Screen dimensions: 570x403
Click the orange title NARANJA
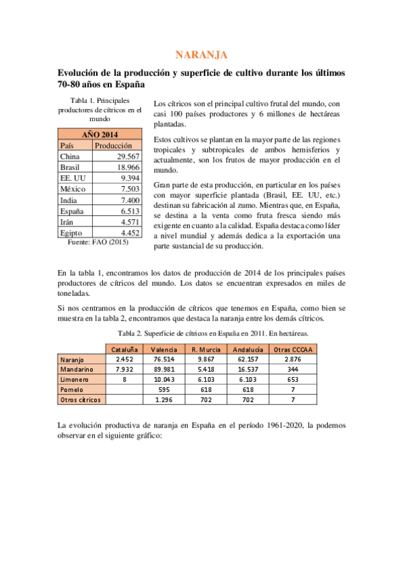tap(201, 54)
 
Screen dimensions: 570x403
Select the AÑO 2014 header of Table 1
tap(100, 134)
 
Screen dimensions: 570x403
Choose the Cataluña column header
tap(124, 350)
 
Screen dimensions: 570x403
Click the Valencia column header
tap(164, 350)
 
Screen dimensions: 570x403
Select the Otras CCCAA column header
tap(294, 350)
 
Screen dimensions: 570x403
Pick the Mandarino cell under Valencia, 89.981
tap(164, 370)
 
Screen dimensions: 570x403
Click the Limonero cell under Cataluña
tap(124, 379)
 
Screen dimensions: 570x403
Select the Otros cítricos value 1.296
tap(164, 399)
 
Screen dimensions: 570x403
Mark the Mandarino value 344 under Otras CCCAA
tap(294, 370)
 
